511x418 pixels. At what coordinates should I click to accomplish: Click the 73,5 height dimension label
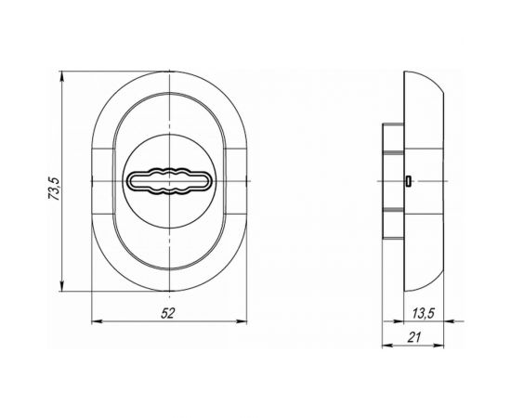coord(54,189)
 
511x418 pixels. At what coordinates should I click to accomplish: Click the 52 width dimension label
coord(168,313)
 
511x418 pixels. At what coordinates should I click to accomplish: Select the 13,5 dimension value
coord(424,314)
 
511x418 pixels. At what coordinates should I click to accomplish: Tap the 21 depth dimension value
coord(414,337)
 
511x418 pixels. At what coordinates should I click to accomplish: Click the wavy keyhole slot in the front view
coord(169,181)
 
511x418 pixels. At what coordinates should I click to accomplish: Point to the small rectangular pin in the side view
coord(408,181)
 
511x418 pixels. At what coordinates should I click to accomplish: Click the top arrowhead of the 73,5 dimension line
coord(61,75)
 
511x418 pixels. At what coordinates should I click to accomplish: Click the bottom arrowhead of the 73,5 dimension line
coord(61,287)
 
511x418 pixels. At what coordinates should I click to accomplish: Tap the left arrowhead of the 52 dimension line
coord(97,321)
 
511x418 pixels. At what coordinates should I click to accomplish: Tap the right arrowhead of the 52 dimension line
coord(242,321)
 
